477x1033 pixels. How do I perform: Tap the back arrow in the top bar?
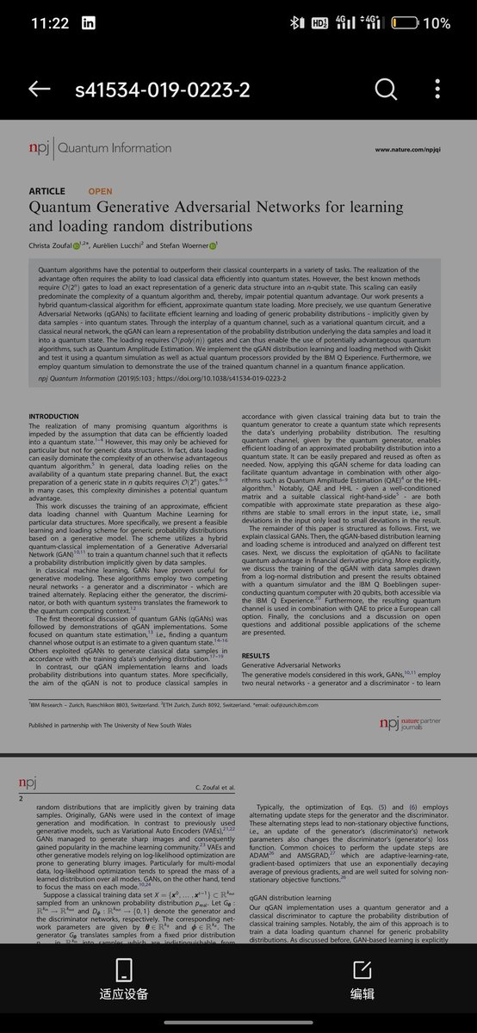39,90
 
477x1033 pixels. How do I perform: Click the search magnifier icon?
385,90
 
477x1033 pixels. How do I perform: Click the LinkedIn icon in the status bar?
89,23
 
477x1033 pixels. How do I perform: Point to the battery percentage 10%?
442,23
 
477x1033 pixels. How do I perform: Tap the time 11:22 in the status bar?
49,23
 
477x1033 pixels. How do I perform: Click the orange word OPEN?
100,191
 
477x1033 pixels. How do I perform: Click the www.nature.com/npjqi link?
405,150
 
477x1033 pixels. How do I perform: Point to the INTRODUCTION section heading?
54,417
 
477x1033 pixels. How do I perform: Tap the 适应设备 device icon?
123,968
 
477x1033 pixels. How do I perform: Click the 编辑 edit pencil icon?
362,968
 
